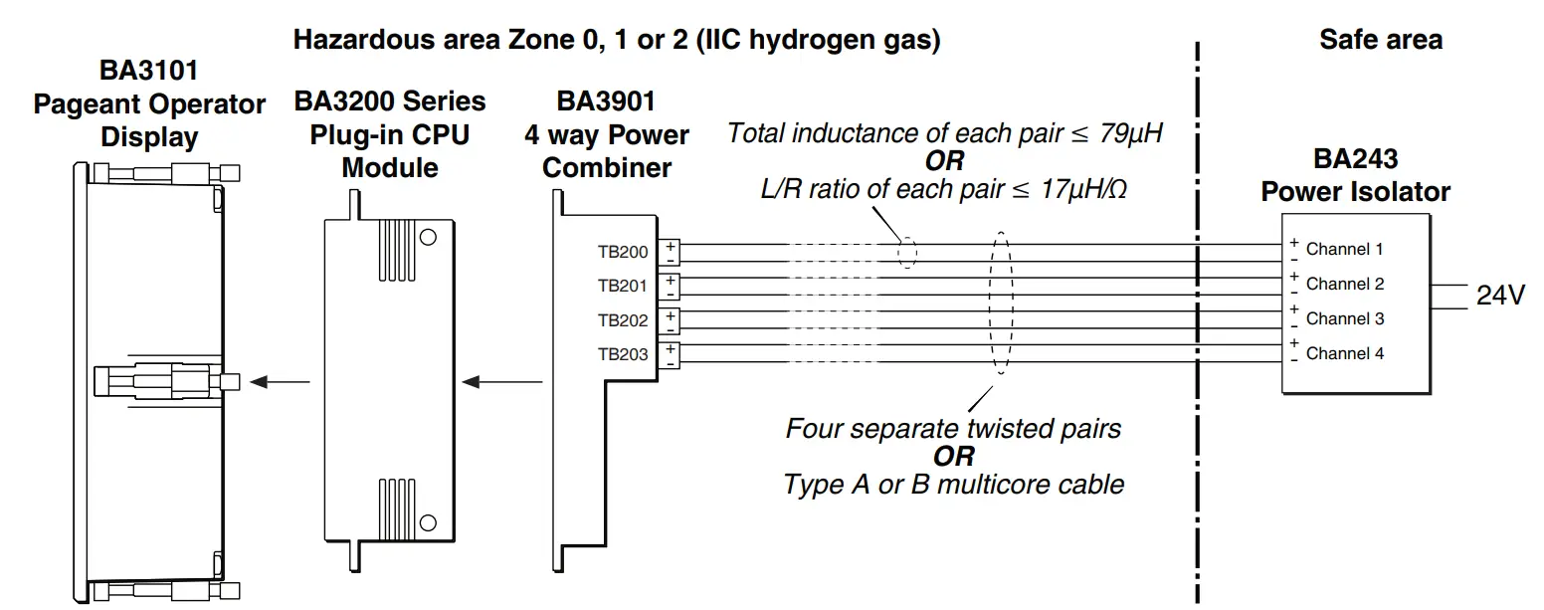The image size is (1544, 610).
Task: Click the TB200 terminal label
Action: click(623, 252)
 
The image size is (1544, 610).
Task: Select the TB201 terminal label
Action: click(623, 286)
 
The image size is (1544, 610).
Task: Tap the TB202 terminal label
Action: click(623, 320)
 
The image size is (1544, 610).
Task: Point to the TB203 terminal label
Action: click(623, 354)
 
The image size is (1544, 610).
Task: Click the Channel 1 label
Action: click(1344, 249)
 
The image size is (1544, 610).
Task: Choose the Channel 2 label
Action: click(1344, 284)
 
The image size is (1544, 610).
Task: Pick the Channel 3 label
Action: click(1344, 318)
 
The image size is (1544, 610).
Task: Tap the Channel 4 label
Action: click(1344, 353)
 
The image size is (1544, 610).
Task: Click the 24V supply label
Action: click(1500, 296)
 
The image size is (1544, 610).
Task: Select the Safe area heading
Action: click(1380, 40)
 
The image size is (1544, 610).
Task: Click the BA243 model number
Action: click(1355, 158)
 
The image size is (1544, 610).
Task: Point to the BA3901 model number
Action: click(606, 102)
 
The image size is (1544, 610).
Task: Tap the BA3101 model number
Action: click(148, 71)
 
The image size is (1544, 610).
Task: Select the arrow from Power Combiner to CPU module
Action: click(503, 381)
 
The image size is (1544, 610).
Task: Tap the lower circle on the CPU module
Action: click(429, 521)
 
